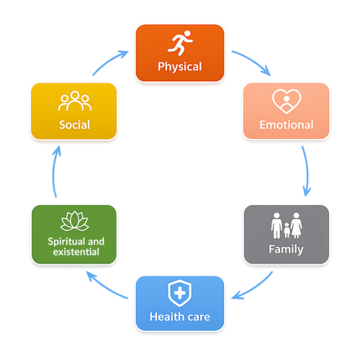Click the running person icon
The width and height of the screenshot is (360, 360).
180,42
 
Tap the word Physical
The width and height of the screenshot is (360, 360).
180,67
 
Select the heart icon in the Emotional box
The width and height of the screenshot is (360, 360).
287,102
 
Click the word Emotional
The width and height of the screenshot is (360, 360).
287,125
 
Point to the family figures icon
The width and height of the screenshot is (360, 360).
287,225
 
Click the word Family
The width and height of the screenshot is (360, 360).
286,249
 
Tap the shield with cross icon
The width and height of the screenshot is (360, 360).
180,293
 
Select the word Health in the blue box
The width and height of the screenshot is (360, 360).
167,317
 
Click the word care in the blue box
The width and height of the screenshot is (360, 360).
199,318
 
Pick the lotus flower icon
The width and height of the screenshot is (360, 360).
75,221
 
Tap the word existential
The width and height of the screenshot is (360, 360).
76,252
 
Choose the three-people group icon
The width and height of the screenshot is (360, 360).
75,101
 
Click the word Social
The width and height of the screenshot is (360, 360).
74,125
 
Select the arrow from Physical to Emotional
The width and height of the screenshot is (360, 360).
253,60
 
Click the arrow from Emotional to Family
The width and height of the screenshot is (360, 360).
307,171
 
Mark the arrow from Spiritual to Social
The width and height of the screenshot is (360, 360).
54,171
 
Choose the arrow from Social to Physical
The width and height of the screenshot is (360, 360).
109,61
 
